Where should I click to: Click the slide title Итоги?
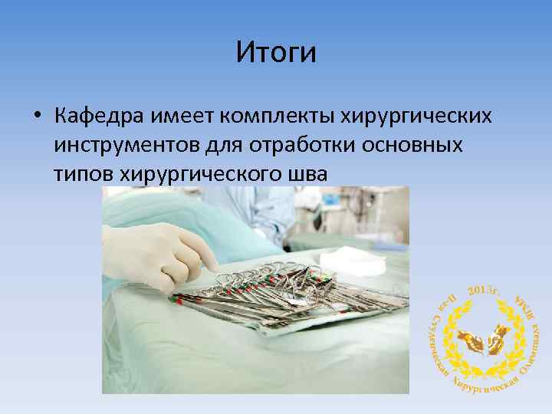(x=276, y=53)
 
